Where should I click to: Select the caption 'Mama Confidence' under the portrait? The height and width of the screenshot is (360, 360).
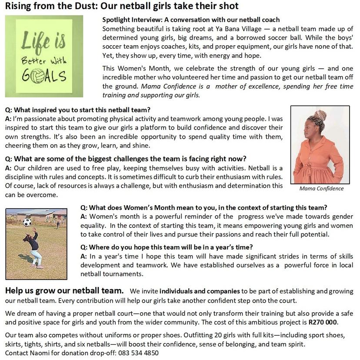click(x=321, y=188)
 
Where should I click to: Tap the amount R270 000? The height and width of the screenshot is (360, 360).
click(x=323, y=322)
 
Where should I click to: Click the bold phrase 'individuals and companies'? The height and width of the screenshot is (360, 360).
click(x=200, y=291)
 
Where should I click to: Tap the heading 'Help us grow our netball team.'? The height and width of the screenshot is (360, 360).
click(x=64, y=290)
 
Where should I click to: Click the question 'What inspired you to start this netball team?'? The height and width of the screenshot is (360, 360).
click(x=77, y=110)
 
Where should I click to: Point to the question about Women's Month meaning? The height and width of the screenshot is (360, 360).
click(x=204, y=207)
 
